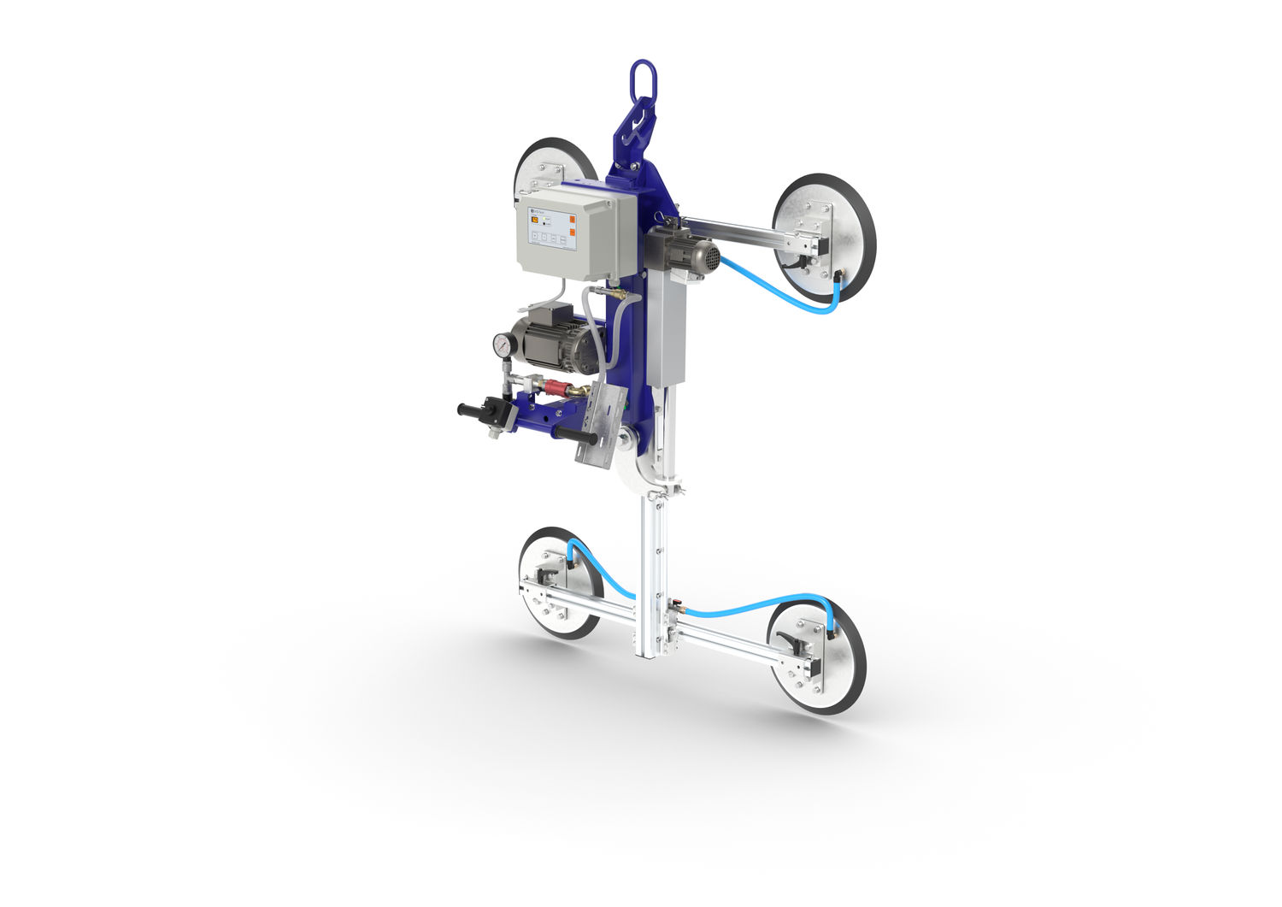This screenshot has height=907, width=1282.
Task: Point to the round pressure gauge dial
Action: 501,345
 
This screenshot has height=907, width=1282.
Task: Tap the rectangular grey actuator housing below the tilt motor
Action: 667,333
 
